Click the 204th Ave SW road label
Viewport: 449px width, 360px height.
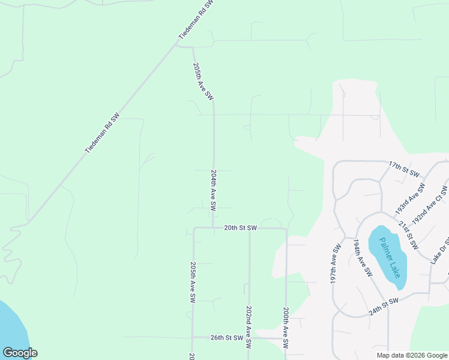pyautogui.click(x=213, y=190)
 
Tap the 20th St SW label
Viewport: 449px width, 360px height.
pyautogui.click(x=240, y=228)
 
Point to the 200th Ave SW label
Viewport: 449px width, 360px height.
pyautogui.click(x=286, y=330)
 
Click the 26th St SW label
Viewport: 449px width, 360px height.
pyautogui.click(x=226, y=338)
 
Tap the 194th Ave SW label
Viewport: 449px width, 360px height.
pyautogui.click(x=363, y=258)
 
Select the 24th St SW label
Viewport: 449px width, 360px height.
pyautogui.click(x=384, y=308)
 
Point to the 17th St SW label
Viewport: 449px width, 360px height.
pyautogui.click(x=403, y=168)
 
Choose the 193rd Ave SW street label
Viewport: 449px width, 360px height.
pyautogui.click(x=410, y=200)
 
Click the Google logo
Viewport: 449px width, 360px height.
pyautogui.click(x=20, y=353)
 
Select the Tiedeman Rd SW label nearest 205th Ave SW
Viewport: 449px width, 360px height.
pyautogui.click(x=196, y=20)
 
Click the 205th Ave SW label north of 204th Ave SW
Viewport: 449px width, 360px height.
pyautogui.click(x=203, y=81)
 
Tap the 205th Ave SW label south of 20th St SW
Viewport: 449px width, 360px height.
pyautogui.click(x=193, y=283)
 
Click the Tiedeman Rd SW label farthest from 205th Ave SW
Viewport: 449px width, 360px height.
pyautogui.click(x=102, y=133)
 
